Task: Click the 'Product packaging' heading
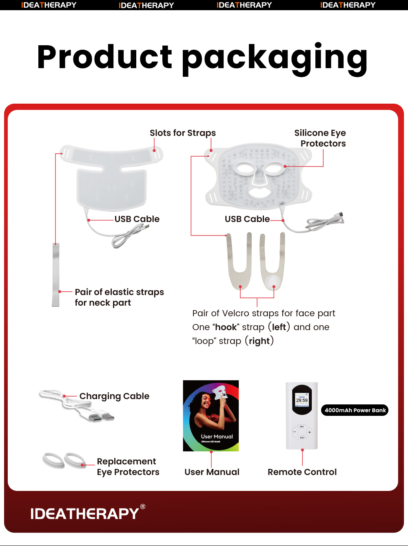[202, 58]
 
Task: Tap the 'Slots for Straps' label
[182, 133]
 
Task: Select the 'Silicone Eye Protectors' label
[320, 138]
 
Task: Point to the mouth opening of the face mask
[258, 192]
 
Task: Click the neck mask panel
[111, 188]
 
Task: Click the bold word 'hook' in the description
[226, 327]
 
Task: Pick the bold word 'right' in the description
[259, 341]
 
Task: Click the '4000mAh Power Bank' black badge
[355, 410]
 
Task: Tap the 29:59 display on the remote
[302, 400]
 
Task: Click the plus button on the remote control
[310, 432]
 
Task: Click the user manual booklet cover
[211, 415]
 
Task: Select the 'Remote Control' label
[302, 472]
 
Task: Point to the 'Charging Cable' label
[114, 396]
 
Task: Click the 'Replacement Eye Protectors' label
[128, 467]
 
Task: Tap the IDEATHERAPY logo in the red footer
[85, 513]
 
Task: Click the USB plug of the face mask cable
[339, 215]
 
